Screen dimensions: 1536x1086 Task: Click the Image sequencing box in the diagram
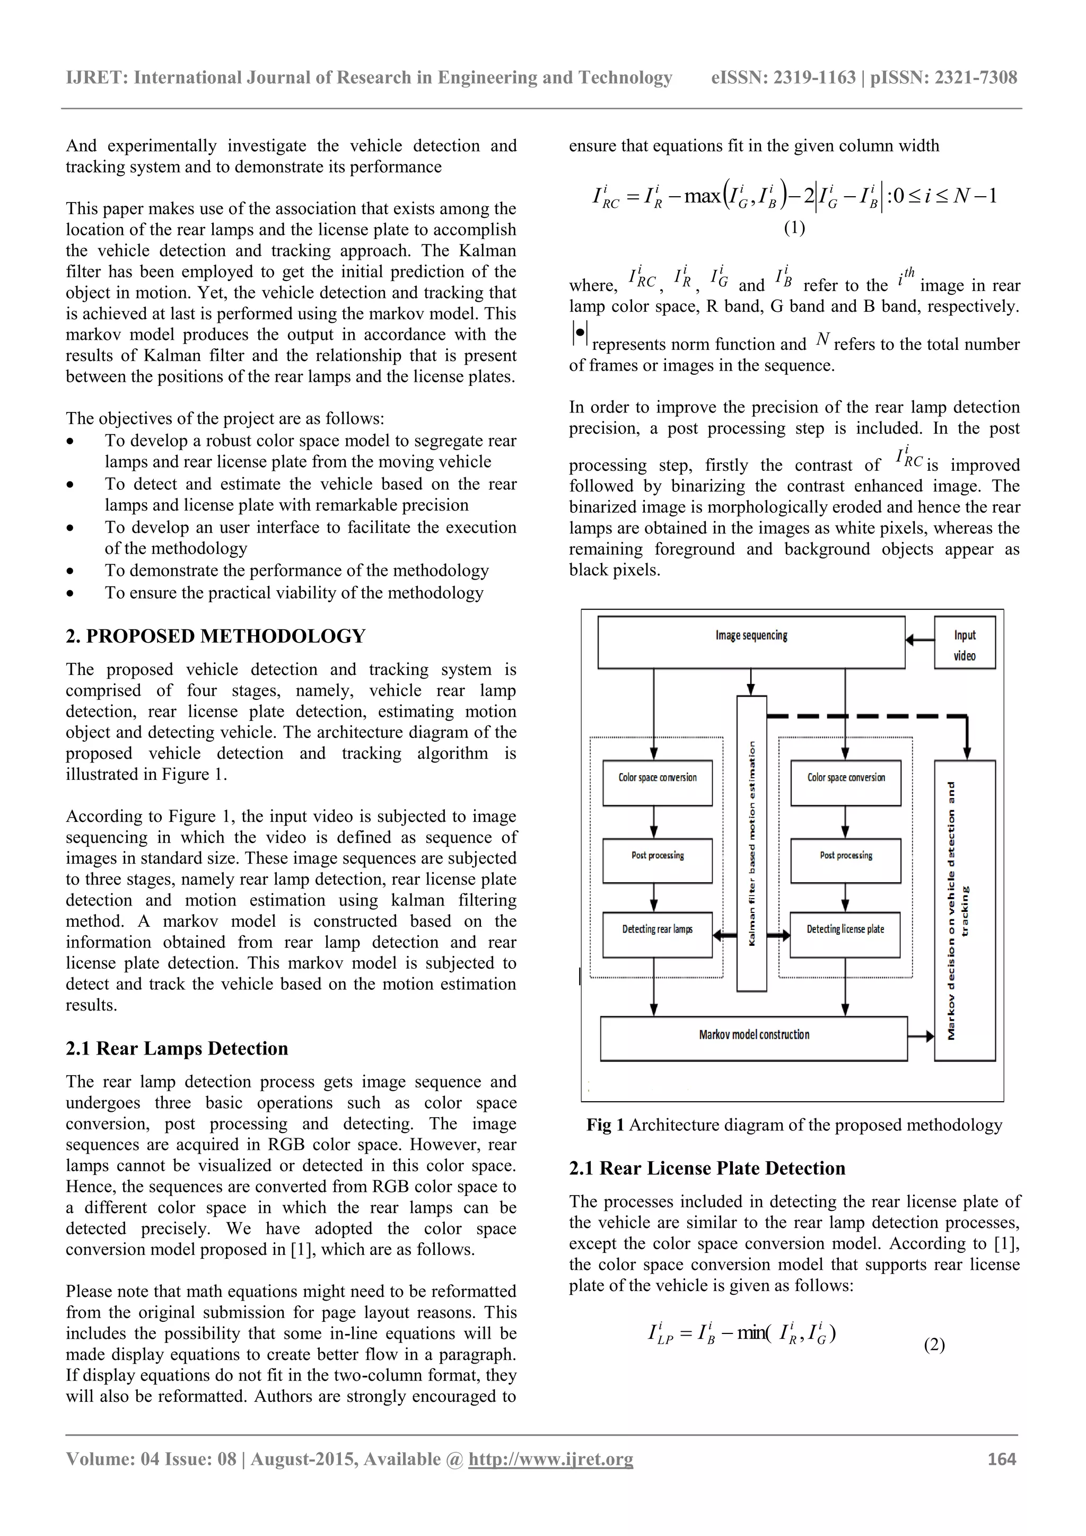click(x=751, y=642)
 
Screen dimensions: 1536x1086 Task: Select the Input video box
click(x=964, y=645)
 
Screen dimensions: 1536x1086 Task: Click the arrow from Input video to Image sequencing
click(x=919, y=640)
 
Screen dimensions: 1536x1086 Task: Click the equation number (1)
click(x=794, y=227)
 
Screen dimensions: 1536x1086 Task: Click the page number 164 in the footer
click(x=1002, y=1459)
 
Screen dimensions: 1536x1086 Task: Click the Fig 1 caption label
click(x=605, y=1125)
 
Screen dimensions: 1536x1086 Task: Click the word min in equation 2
click(x=751, y=1333)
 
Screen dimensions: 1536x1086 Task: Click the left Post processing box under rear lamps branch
click(x=657, y=859)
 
